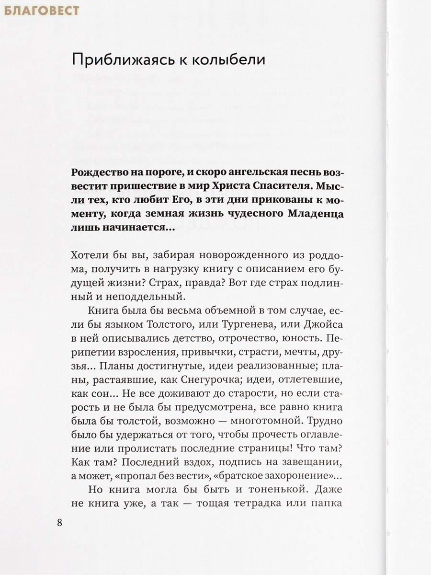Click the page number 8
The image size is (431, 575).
click(59, 522)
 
